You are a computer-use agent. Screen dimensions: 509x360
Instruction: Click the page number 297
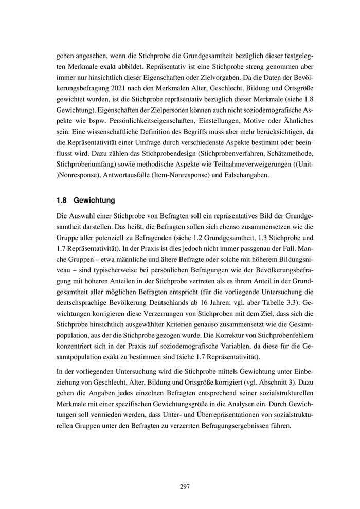(x=185, y=487)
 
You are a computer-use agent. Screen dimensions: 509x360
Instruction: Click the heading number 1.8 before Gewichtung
(x=62, y=199)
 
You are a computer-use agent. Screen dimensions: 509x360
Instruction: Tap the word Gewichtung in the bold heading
(x=95, y=199)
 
